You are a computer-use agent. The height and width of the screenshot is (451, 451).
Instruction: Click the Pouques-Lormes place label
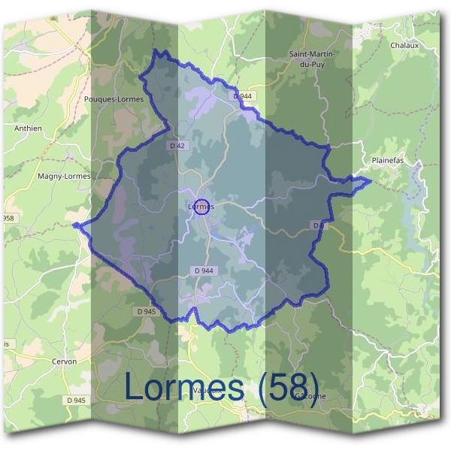pyautogui.click(x=115, y=98)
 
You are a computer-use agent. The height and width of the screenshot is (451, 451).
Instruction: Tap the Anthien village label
pyautogui.click(x=28, y=129)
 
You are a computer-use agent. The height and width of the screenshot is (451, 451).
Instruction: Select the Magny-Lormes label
pyautogui.click(x=63, y=176)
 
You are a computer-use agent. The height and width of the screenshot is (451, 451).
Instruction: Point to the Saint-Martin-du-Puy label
pyautogui.click(x=312, y=59)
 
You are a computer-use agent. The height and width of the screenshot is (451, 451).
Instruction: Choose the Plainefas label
pyautogui.click(x=388, y=161)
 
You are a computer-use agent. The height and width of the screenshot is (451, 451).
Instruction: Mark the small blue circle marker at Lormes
pyautogui.click(x=201, y=208)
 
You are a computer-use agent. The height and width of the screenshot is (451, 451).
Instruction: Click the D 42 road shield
pyautogui.click(x=176, y=145)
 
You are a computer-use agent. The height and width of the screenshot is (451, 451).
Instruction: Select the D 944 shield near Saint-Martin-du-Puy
pyautogui.click(x=243, y=96)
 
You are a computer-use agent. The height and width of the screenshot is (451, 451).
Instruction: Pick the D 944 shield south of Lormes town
pyautogui.click(x=203, y=271)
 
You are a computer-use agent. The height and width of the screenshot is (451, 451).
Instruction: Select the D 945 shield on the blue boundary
pyautogui.click(x=147, y=310)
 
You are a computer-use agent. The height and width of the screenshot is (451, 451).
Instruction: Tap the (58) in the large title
pyautogui.click(x=288, y=387)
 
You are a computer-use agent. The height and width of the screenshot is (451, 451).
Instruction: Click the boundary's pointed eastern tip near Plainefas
pyautogui.click(x=370, y=180)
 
